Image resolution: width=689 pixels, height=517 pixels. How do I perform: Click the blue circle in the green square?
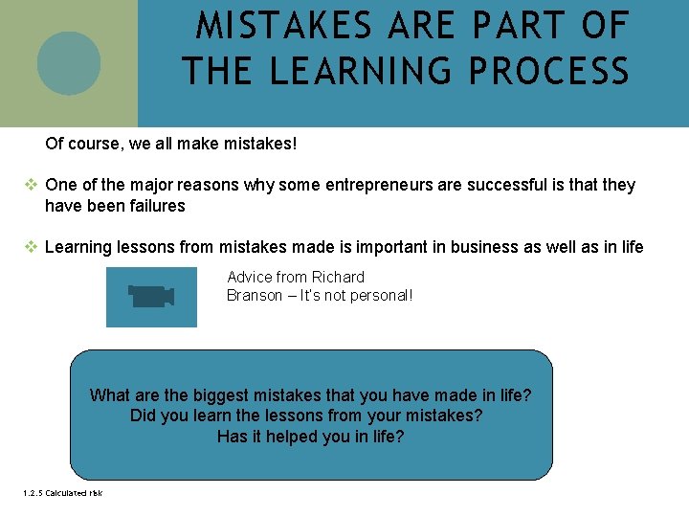[69, 63]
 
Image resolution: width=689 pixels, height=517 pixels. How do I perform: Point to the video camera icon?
[151, 297]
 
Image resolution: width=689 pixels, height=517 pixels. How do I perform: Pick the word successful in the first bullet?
[507, 185]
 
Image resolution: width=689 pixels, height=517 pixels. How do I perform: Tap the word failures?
[153, 206]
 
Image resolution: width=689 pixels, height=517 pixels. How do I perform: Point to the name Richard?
[338, 277]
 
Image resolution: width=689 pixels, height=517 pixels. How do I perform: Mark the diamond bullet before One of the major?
[31, 185]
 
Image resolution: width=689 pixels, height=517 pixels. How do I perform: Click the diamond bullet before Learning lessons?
[31, 247]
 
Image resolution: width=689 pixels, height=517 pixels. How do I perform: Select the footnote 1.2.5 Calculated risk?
[61, 493]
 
